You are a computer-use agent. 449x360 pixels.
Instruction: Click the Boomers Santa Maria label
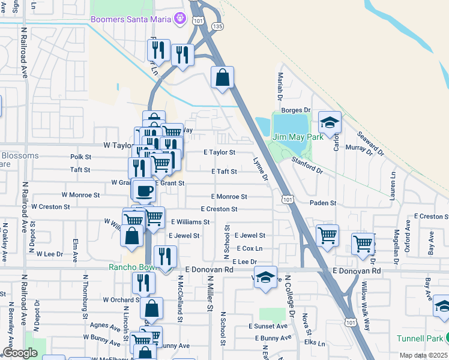click(131, 19)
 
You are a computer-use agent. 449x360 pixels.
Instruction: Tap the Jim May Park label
click(298, 137)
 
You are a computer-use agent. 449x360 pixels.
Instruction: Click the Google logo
click(20, 353)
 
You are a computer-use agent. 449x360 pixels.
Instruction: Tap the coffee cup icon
click(143, 191)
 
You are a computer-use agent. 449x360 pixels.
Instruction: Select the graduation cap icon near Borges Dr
click(329, 123)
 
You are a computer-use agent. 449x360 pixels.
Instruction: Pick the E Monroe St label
click(229, 197)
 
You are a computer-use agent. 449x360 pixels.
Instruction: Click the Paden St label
click(323, 203)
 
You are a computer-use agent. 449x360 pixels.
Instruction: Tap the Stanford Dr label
click(307, 166)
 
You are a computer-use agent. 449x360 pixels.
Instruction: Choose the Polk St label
click(80, 157)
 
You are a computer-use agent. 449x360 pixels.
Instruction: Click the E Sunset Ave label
click(268, 326)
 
